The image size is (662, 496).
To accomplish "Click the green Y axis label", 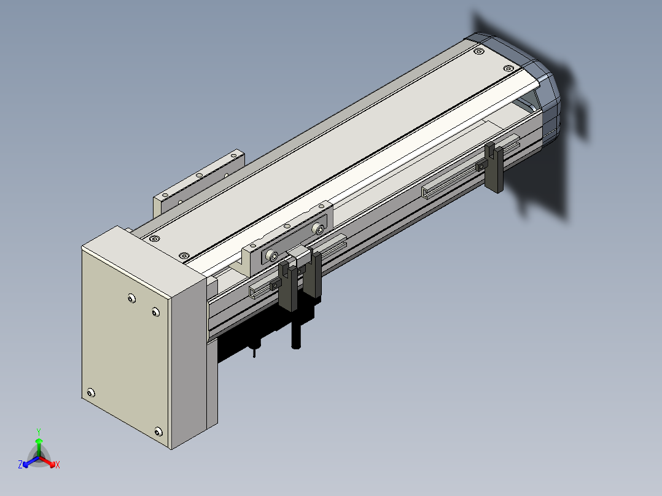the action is pos(39,432).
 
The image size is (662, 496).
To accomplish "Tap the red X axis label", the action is pos(58,465).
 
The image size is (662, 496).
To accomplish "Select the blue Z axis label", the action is pos(20,464).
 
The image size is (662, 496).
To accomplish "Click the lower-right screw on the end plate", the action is pos(158,432).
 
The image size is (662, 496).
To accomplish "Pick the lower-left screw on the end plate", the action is pos(91,393).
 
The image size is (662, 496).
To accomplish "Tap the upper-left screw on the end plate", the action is pos(131,298).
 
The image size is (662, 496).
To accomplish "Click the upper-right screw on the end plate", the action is pos(155,312).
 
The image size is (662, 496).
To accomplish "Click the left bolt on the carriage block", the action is pos(273,256).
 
